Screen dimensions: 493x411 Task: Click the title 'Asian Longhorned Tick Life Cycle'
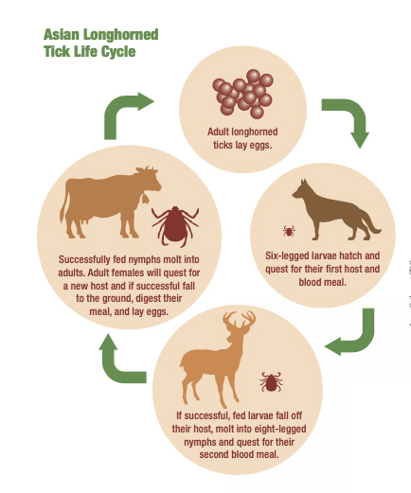pyautogui.click(x=100, y=44)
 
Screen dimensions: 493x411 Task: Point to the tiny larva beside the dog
pyautogui.click(x=289, y=230)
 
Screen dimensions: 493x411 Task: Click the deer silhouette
pyautogui.click(x=220, y=356)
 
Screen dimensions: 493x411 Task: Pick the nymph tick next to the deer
pyautogui.click(x=272, y=381)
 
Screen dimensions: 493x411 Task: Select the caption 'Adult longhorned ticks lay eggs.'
pyautogui.click(x=241, y=138)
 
